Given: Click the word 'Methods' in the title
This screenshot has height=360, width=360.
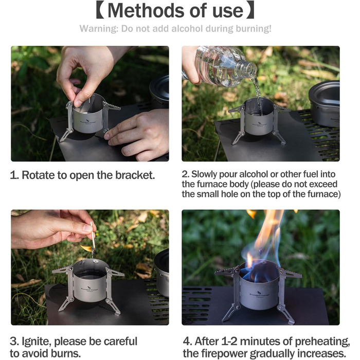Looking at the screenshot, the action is coord(146,11).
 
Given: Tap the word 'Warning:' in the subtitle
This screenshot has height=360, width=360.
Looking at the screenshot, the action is coord(99,29).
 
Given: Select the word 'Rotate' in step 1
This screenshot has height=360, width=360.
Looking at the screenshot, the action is coord(38,175).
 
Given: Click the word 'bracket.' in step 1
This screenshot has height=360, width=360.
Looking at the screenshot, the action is coord(135,175).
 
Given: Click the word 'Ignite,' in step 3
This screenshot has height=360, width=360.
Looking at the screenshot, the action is coord(37,341).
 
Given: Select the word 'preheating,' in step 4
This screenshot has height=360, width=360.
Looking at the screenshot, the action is coord(322,341).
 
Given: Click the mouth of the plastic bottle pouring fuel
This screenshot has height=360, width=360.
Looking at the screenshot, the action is coord(253,69).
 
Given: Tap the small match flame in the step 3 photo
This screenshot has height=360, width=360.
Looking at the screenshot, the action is coord(86,248).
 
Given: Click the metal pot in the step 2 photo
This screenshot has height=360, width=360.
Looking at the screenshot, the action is coord(324,103).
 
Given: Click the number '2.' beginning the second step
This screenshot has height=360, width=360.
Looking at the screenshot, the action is coord(185,174).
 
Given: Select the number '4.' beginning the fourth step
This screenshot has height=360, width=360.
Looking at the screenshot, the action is coord(188,341).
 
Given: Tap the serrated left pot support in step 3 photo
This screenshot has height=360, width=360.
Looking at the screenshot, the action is coord(62,270).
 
